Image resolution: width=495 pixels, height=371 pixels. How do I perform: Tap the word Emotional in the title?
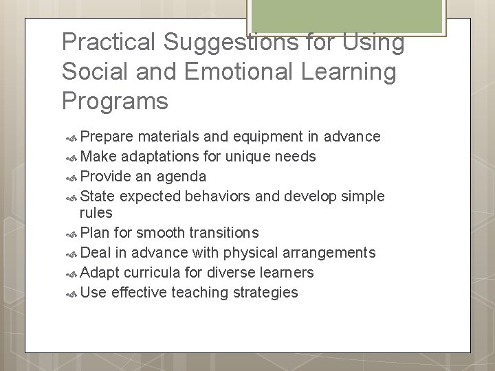point(241,71)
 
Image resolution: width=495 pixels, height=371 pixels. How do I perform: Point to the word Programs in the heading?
point(115,100)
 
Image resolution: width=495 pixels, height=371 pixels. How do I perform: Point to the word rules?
point(96,212)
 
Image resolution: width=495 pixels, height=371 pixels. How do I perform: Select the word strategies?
point(265,292)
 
